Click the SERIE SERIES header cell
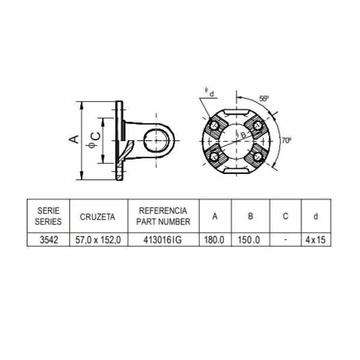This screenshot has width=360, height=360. coord(48,216)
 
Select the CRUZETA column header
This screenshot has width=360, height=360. coord(97,217)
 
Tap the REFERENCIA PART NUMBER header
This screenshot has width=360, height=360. coord(163,216)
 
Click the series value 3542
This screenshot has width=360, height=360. coord(49,240)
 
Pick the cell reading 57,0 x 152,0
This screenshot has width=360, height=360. coord(98,240)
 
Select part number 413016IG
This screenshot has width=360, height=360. coord(163,240)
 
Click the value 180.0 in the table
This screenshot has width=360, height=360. coord(214,240)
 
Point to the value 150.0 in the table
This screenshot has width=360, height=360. coord(248,240)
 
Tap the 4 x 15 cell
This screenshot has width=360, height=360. coord(316,240)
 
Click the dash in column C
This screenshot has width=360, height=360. coord(286,239)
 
